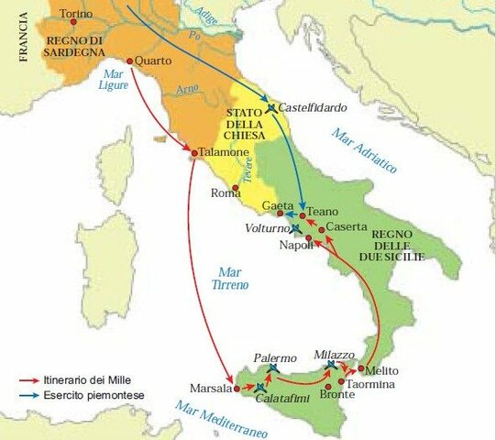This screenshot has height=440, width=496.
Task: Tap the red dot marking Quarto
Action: (x=130, y=61)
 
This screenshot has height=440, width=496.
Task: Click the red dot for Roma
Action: (x=237, y=189)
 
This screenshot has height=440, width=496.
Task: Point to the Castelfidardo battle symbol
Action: (x=270, y=108)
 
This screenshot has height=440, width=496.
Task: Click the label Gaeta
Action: (x=277, y=206)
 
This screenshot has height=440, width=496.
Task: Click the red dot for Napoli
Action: (x=309, y=238)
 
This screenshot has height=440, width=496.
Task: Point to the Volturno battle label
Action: (x=267, y=227)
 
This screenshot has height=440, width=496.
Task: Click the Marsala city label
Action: (x=210, y=388)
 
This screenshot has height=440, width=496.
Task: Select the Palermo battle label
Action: (x=274, y=357)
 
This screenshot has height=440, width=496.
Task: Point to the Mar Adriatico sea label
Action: (x=365, y=152)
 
